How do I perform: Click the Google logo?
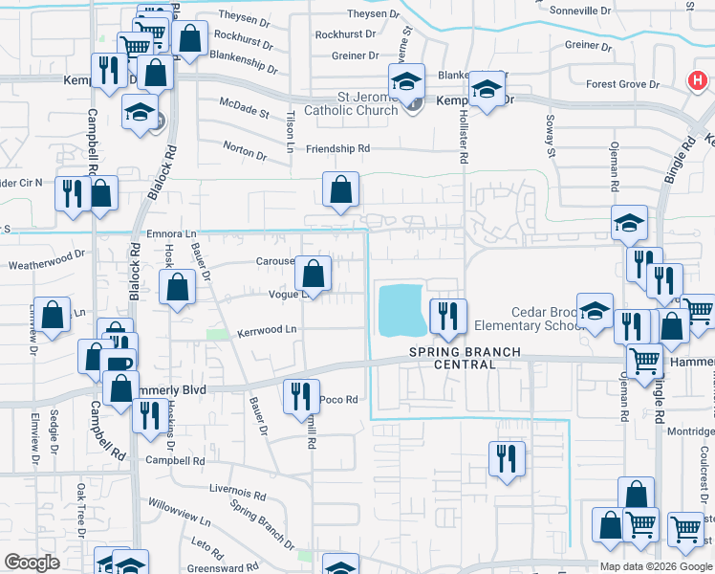32,562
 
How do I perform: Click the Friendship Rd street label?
337,149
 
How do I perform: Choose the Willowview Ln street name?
178,511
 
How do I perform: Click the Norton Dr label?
244,150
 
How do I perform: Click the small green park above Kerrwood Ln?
218,334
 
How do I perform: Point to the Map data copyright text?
656,566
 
